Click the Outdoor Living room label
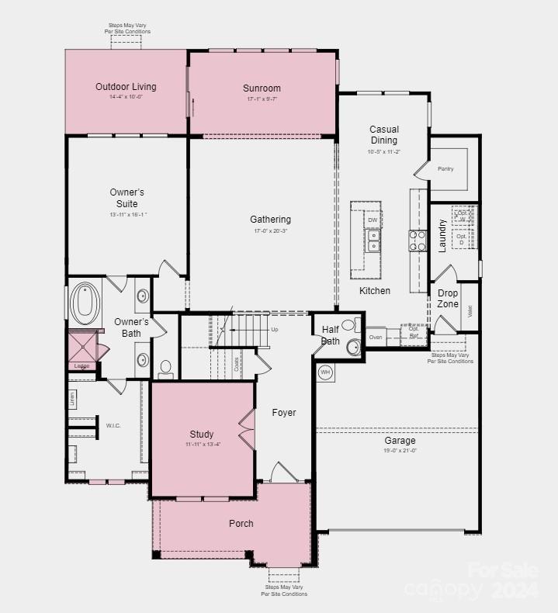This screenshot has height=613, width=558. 126,87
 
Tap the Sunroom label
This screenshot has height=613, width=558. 262,88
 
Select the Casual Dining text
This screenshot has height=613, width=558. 384,135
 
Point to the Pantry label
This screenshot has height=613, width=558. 445,169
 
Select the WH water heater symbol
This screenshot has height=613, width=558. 325,372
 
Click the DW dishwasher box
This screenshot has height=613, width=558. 373,220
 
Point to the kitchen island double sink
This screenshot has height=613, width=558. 373,241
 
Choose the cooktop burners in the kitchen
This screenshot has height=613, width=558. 418,241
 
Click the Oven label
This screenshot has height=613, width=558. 376,338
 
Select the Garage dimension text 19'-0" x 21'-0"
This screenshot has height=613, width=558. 400,451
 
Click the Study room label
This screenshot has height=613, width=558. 202,435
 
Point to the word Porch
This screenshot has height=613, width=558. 241,524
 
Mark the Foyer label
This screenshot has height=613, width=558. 283,413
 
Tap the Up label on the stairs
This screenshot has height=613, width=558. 275,329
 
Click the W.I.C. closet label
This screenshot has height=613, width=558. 113,425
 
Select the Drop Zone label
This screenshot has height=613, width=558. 448,299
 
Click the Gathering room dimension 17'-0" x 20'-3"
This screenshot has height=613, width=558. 270,231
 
